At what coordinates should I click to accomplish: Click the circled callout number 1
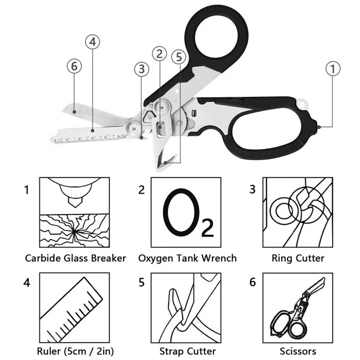[x=333, y=69]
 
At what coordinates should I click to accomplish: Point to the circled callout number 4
[x=93, y=42]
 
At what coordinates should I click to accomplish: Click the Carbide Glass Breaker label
[x=75, y=258]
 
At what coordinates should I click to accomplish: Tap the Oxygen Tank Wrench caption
[x=187, y=258]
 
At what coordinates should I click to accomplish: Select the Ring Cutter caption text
[x=298, y=258]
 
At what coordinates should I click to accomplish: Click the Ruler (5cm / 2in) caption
[x=75, y=351]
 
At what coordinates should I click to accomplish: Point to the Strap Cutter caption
[x=187, y=351]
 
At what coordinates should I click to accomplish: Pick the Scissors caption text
[x=298, y=351]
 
